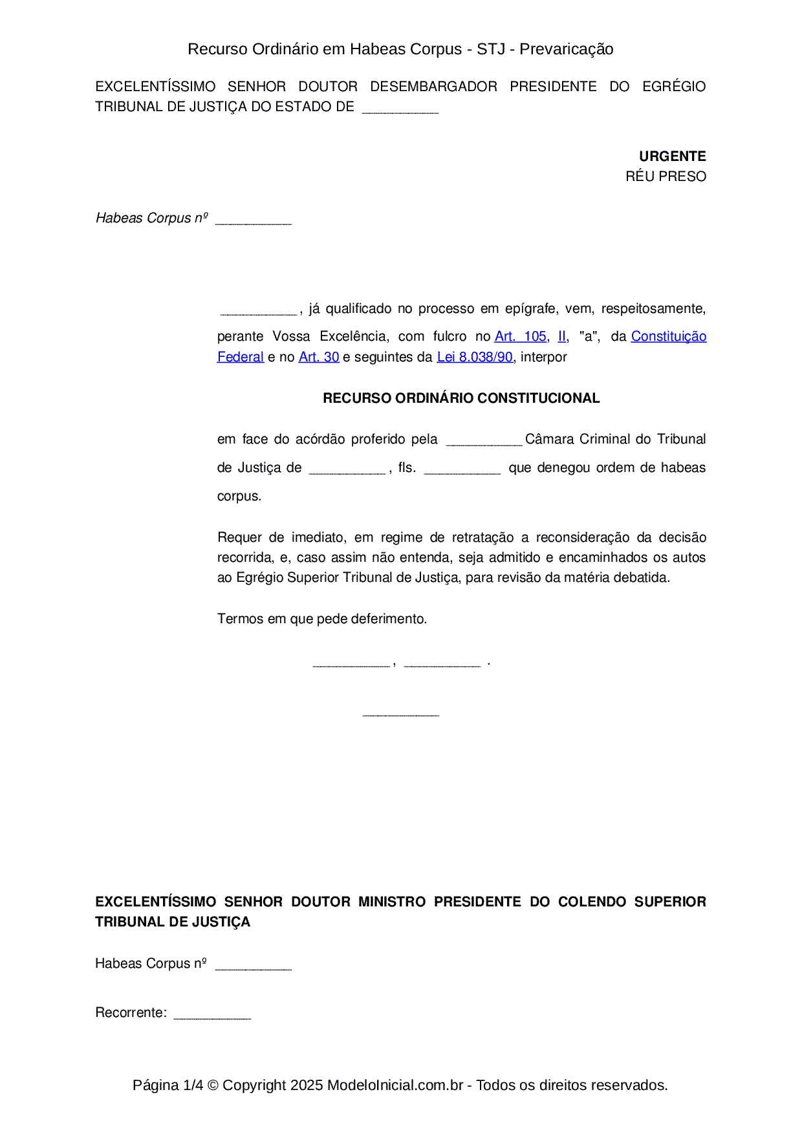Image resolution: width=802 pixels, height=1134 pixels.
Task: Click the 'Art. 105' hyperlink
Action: click(x=520, y=336)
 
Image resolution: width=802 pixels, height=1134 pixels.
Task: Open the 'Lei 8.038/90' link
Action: click(x=475, y=357)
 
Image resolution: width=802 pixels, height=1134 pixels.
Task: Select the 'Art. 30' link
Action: click(x=319, y=357)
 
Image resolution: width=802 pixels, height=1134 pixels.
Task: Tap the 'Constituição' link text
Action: click(x=669, y=336)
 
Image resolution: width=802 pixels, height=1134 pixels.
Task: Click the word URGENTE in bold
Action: click(x=673, y=156)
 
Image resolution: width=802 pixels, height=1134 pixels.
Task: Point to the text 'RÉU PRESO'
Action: click(x=666, y=177)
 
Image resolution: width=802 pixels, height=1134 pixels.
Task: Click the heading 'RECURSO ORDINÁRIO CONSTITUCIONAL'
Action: click(x=461, y=398)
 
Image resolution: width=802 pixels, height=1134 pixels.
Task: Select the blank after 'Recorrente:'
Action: click(x=212, y=1014)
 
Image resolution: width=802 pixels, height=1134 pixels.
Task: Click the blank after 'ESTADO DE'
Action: click(x=400, y=108)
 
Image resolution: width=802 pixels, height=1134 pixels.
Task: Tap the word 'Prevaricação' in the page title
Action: click(x=567, y=49)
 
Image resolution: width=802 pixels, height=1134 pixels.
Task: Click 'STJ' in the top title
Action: click(x=491, y=49)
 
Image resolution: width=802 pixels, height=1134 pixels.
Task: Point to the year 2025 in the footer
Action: click(x=307, y=1085)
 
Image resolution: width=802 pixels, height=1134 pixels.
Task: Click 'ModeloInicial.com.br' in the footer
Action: click(x=395, y=1085)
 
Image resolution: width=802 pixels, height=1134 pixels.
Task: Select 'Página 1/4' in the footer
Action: click(x=168, y=1085)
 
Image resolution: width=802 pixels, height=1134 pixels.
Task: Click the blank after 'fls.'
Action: click(x=462, y=469)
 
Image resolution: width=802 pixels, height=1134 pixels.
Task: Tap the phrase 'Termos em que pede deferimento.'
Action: click(x=322, y=619)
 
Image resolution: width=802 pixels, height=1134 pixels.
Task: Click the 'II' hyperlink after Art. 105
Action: click(x=562, y=336)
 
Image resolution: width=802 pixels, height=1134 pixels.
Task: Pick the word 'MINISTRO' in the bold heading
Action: click(x=392, y=902)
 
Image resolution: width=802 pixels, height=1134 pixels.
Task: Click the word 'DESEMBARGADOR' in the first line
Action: click(x=433, y=87)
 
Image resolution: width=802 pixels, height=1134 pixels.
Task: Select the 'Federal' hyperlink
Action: click(x=241, y=357)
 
